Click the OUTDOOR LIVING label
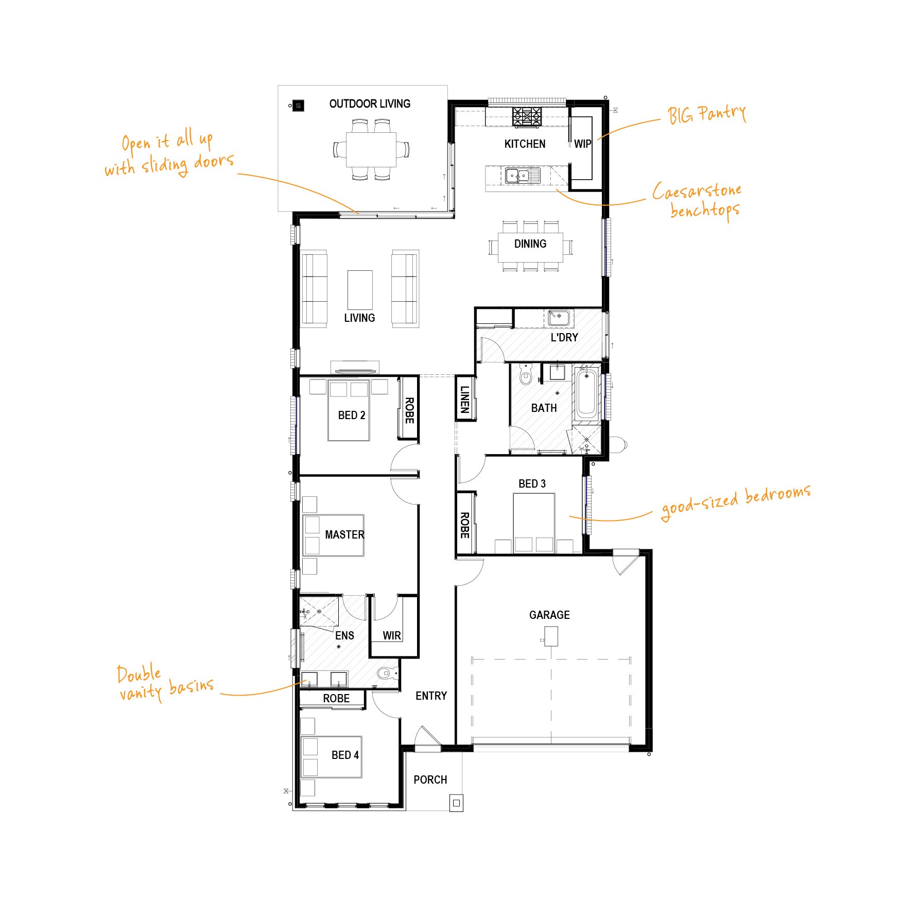(370, 104)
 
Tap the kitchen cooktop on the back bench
(527, 117)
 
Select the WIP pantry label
(583, 144)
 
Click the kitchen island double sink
(522, 176)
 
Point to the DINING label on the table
(530, 244)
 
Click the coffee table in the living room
(360, 290)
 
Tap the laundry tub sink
(559, 317)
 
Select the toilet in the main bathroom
(525, 374)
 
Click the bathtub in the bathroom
(586, 394)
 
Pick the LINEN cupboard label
(465, 400)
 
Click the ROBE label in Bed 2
(409, 410)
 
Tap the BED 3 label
(532, 484)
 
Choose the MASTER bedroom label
(344, 535)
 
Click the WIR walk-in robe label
(392, 636)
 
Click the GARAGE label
(549, 615)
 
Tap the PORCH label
(430, 780)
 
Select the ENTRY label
(431, 696)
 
